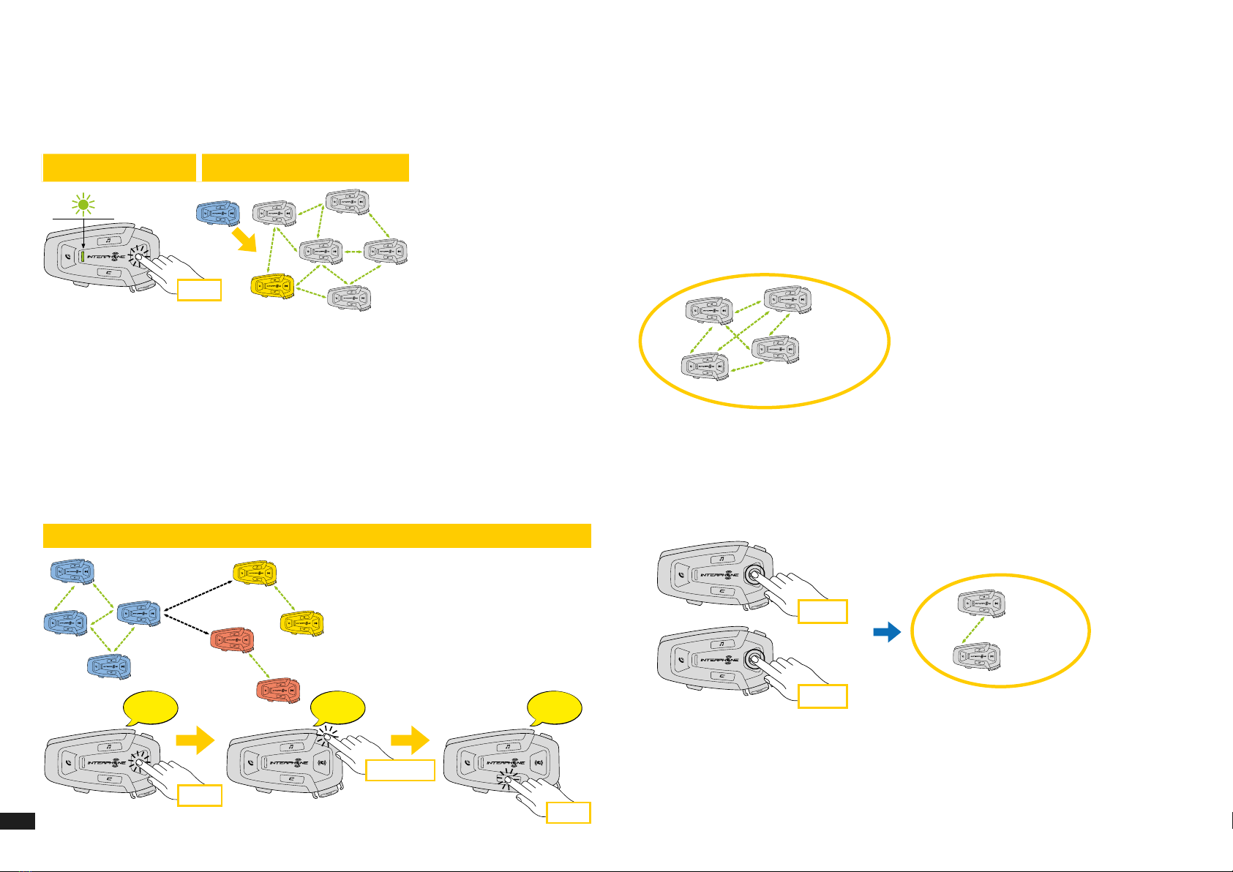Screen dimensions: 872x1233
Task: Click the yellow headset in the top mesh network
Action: click(272, 286)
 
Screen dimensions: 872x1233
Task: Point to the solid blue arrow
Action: click(887, 632)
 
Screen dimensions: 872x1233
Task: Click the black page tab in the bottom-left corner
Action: click(18, 821)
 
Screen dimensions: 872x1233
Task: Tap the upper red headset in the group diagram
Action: click(232, 640)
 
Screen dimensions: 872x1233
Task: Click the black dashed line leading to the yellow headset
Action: click(198, 594)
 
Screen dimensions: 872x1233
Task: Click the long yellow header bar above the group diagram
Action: click(317, 535)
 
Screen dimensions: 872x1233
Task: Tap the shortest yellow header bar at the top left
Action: click(119, 168)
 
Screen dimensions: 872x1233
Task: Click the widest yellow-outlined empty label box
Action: click(400, 770)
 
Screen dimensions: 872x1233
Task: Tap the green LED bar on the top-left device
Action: click(83, 257)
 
